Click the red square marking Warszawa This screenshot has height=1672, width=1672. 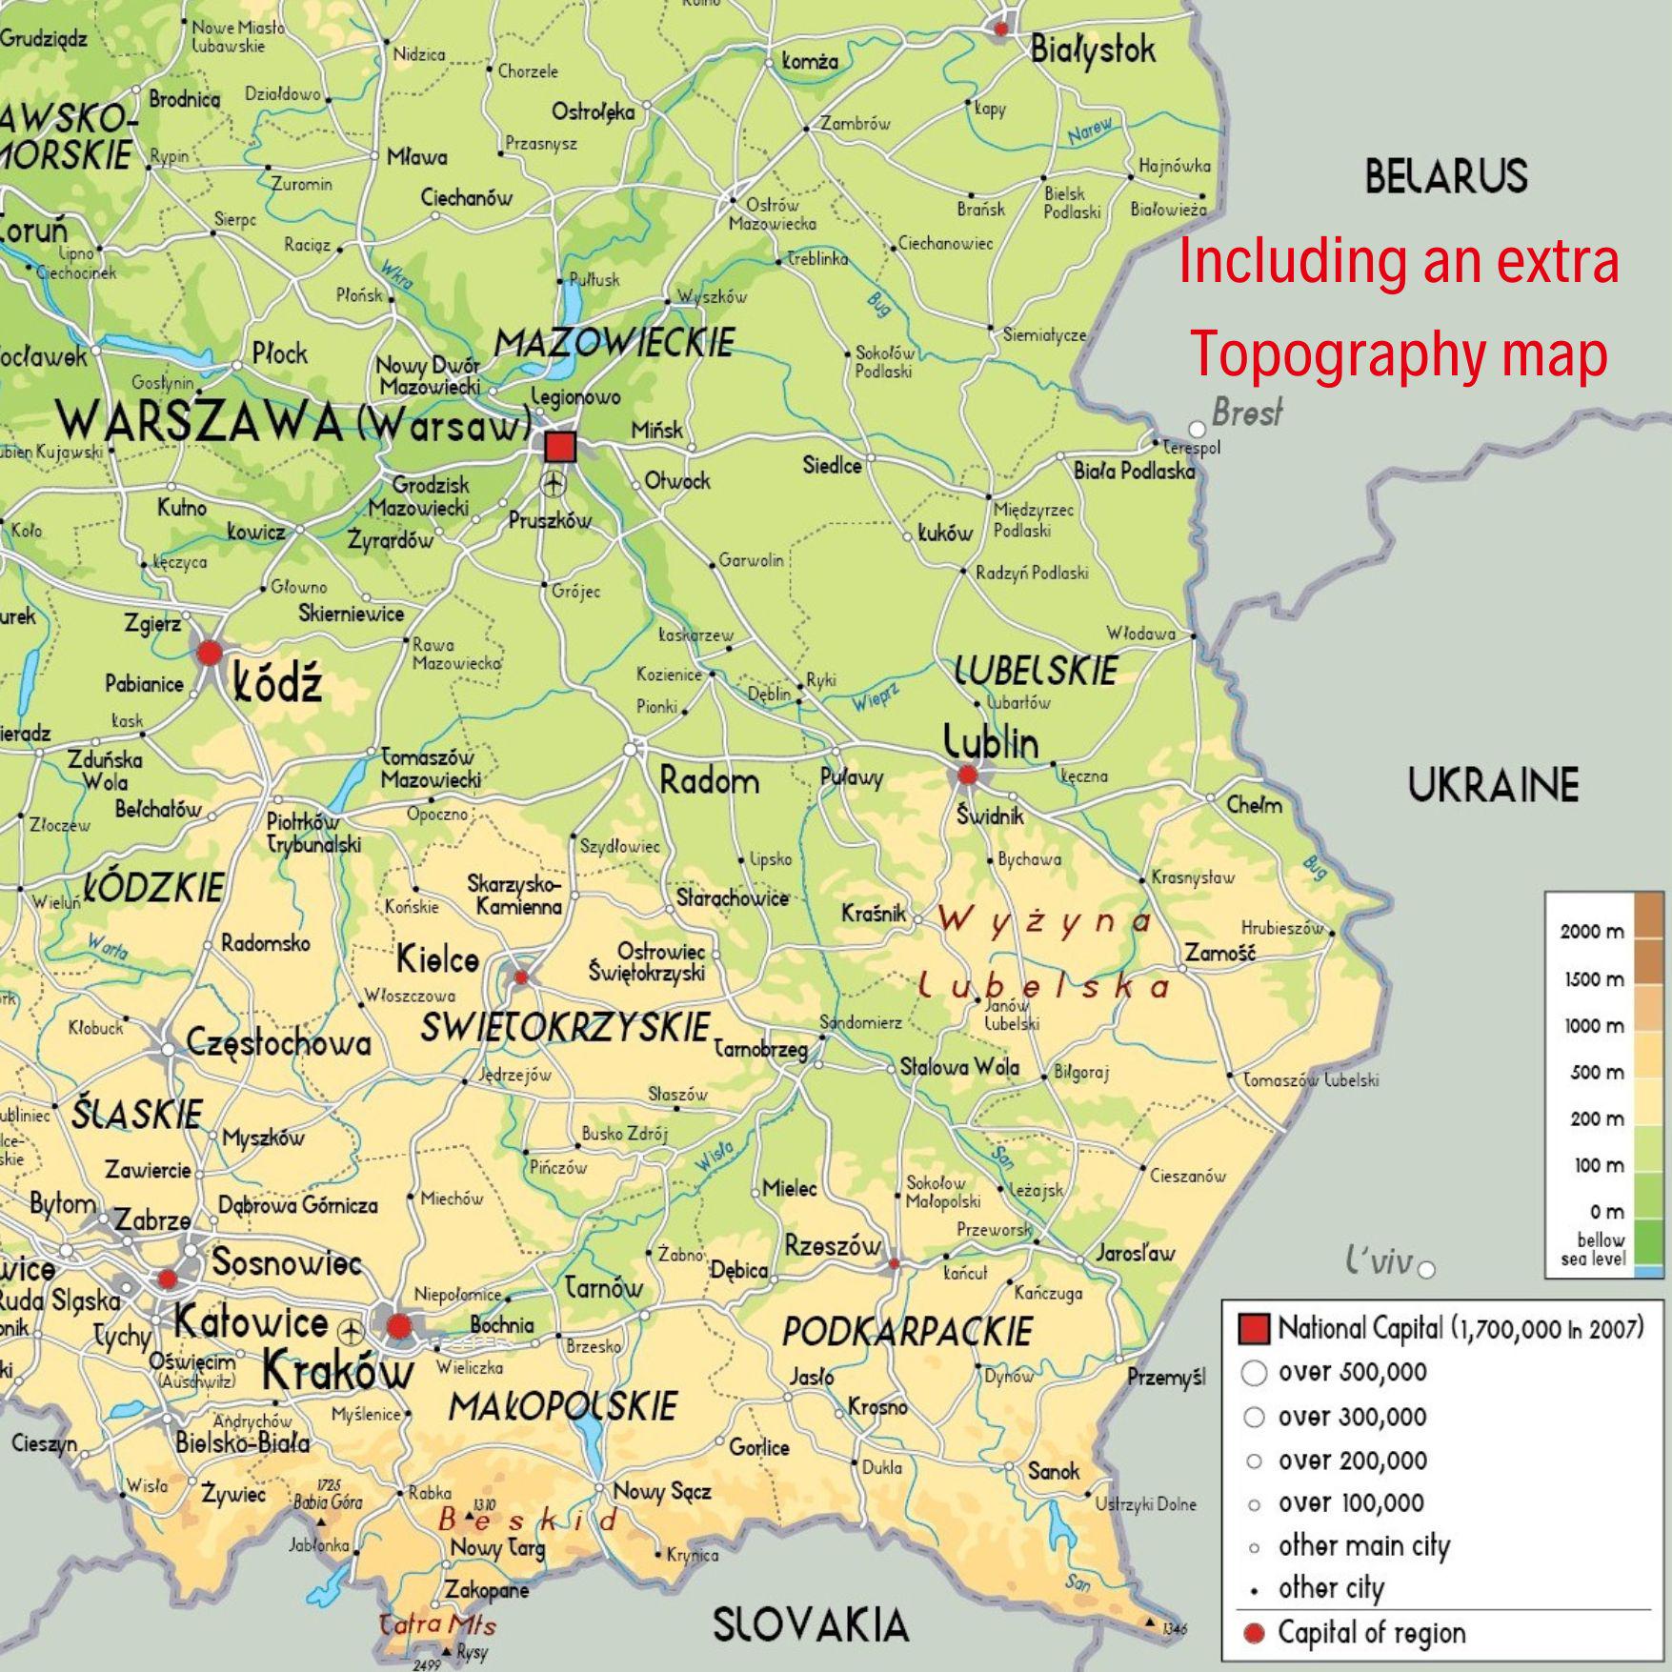pyautogui.click(x=559, y=447)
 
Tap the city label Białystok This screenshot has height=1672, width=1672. pyautogui.click(x=1093, y=50)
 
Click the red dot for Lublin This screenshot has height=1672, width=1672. pyautogui.click(x=967, y=775)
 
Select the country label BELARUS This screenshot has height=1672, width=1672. pyautogui.click(x=1445, y=177)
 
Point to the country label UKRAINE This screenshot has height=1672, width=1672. pyautogui.click(x=1493, y=785)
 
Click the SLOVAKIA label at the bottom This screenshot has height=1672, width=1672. pyautogui.click(x=811, y=1624)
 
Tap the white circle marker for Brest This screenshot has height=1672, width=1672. pyautogui.click(x=1198, y=430)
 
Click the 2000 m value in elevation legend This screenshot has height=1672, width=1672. pyautogui.click(x=1591, y=932)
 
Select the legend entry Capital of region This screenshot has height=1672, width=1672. pyautogui.click(x=1371, y=1632)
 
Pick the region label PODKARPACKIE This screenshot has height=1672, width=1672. pyautogui.click(x=906, y=1332)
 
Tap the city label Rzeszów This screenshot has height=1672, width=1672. pyautogui.click(x=833, y=1245)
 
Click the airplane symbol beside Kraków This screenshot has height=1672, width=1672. pyautogui.click(x=353, y=1327)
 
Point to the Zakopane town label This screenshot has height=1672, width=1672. pyautogui.click(x=486, y=1589)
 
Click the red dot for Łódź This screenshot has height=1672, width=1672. pyautogui.click(x=210, y=654)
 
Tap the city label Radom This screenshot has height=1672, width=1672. pyautogui.click(x=710, y=782)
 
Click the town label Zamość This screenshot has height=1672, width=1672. pyautogui.click(x=1220, y=952)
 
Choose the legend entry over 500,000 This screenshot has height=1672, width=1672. pyautogui.click(x=1352, y=1372)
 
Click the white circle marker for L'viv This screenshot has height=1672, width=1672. pyautogui.click(x=1426, y=1269)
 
